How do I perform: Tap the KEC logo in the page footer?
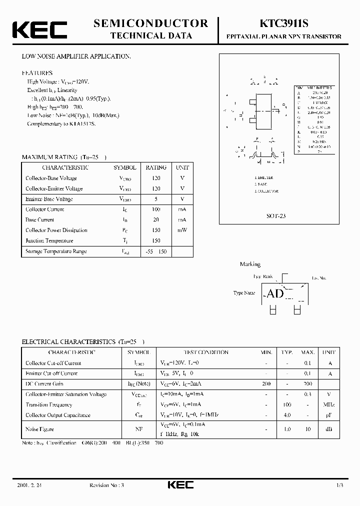point(179,485)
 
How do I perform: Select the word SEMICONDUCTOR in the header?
point(151,23)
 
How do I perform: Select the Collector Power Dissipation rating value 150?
point(156,230)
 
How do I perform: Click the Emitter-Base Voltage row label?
point(49,199)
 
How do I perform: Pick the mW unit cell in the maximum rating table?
point(182,230)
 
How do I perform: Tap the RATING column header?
point(156,167)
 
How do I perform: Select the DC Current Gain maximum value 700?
point(307,383)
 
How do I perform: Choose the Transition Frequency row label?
point(48,404)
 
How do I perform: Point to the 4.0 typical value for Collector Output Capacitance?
point(287,415)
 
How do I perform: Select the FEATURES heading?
point(37,72)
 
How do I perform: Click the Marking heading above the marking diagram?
point(250,264)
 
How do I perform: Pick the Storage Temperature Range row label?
point(56,251)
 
